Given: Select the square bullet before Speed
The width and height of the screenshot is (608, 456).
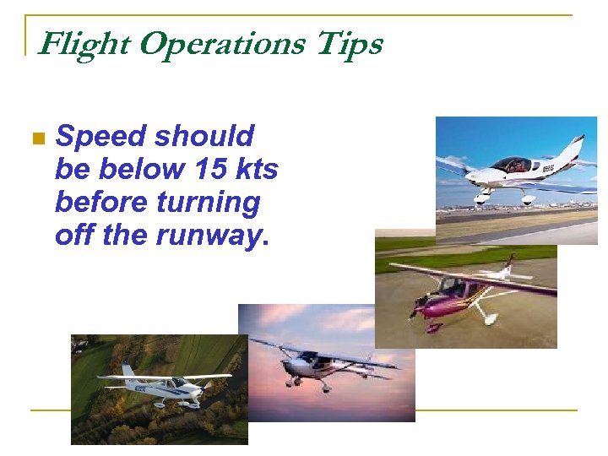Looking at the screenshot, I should point(36,138).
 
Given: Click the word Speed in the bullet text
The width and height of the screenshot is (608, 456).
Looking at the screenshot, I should point(99,136).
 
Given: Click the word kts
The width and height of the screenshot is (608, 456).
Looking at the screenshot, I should point(257,169).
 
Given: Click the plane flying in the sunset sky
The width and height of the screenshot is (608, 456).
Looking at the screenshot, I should point(325,365).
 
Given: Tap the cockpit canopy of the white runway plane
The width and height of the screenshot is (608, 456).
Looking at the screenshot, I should point(511,165).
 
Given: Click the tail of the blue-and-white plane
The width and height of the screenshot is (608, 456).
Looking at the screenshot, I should point(128,372).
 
